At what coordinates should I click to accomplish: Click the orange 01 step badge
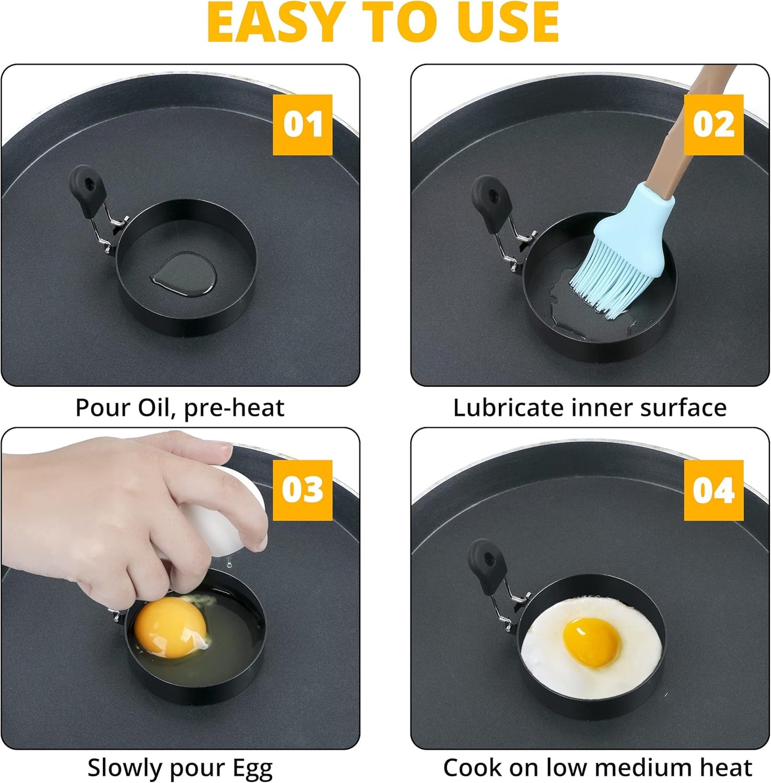click(303, 125)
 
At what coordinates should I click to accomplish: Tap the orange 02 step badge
click(713, 125)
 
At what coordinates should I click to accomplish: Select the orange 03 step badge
click(303, 490)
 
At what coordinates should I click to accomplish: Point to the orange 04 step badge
click(713, 490)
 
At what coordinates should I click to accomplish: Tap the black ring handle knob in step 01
click(88, 189)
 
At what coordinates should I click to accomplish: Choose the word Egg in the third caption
click(252, 768)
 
